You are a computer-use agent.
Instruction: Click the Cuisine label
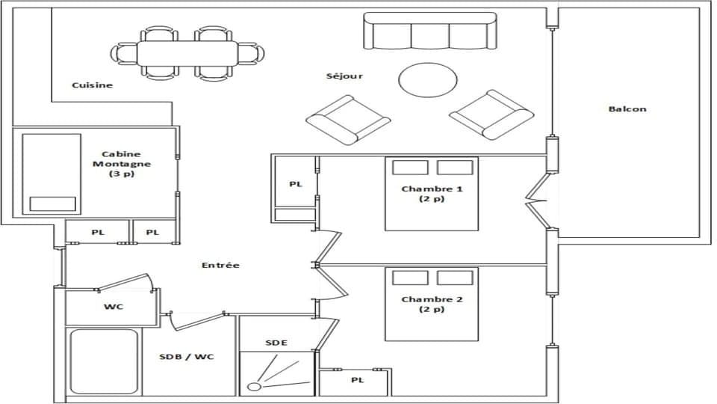point(92,85)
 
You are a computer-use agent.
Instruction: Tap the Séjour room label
point(344,76)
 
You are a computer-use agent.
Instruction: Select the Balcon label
point(627,109)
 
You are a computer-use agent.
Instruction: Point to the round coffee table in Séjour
point(427,79)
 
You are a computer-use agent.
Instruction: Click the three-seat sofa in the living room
point(429,31)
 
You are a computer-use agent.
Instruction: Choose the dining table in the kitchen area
point(187,53)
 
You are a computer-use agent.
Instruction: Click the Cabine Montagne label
point(122,163)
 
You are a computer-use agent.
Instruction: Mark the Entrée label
point(220,266)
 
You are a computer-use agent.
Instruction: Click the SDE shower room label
point(276,343)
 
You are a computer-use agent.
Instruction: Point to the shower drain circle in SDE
point(255,387)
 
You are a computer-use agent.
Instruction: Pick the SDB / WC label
point(187,357)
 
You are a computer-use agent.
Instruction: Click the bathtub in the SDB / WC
point(104,362)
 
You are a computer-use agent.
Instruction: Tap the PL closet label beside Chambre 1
point(296,184)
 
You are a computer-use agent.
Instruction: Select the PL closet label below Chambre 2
point(357,381)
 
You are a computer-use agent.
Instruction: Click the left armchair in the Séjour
point(348,120)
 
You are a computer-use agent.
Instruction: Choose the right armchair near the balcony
point(491,114)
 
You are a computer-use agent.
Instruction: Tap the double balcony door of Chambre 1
point(539,200)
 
